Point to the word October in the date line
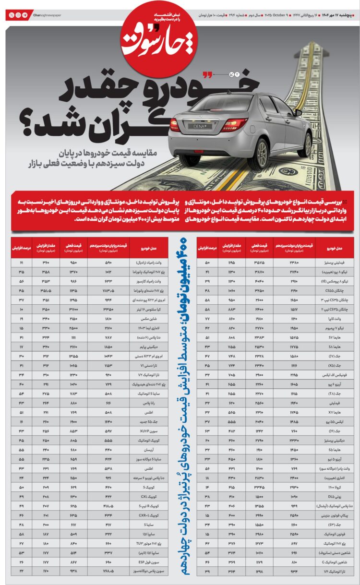click(280, 15)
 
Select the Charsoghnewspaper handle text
click(48, 15)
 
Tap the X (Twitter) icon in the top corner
click(12, 15)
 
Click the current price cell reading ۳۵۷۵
click(259, 263)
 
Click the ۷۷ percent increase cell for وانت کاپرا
click(207, 318)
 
